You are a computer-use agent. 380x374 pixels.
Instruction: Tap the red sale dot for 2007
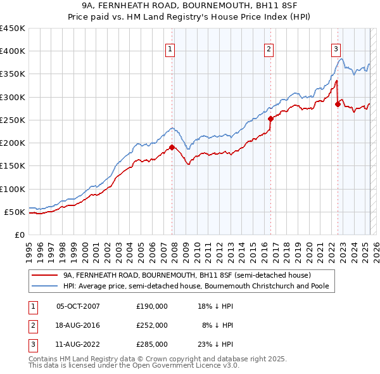[x=172, y=148]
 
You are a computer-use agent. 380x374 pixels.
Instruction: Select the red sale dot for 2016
[x=270, y=119]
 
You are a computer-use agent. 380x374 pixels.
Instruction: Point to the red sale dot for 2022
[x=338, y=104]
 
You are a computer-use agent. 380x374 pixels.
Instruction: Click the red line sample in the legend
[x=44, y=276]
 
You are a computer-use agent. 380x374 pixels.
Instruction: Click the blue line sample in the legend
[x=44, y=286]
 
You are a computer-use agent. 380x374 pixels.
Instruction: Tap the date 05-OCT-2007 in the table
[x=79, y=306]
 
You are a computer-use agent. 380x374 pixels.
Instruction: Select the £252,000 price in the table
[x=152, y=325]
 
